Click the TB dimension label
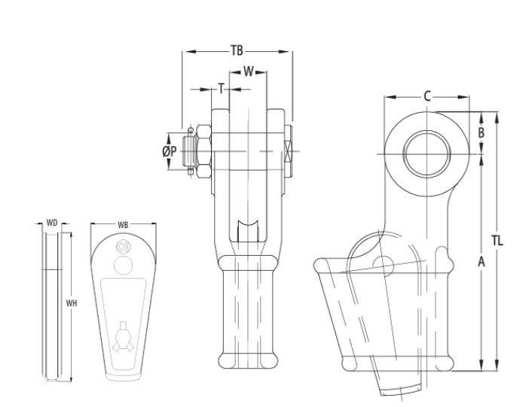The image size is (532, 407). (237, 51)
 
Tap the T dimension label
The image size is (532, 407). (221, 88)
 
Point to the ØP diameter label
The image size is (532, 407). (170, 151)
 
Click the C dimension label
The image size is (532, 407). (427, 96)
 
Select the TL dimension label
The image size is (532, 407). (497, 241)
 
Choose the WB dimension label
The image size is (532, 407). (124, 223)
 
